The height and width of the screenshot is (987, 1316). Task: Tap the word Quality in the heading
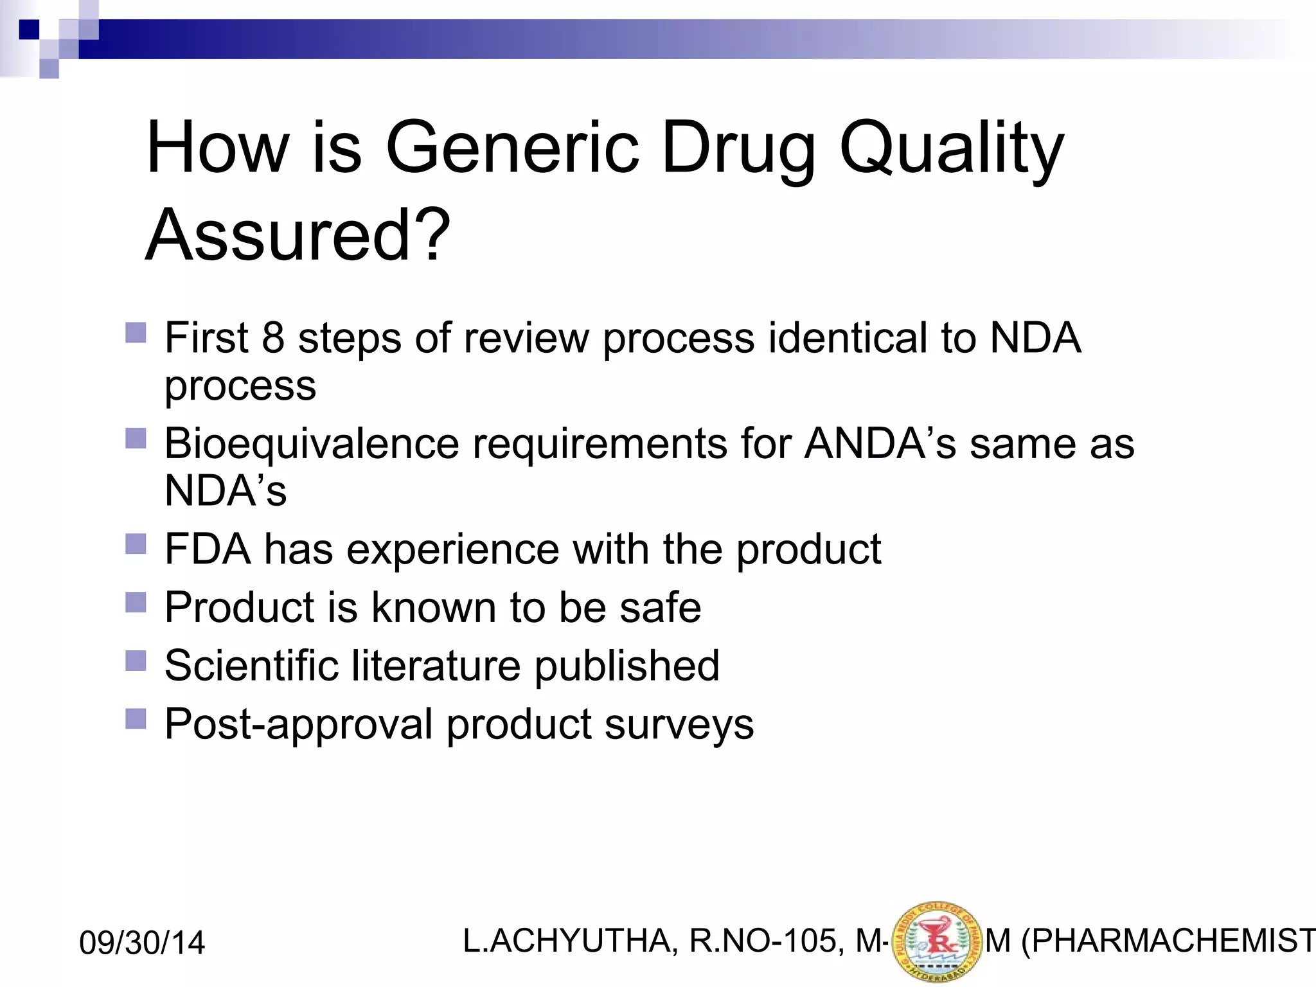pyautogui.click(x=952, y=149)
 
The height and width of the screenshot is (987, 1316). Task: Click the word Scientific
pyautogui.click(x=251, y=665)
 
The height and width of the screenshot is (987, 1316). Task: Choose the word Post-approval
pyautogui.click(x=299, y=724)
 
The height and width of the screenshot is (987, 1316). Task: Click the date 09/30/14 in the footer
pyautogui.click(x=142, y=943)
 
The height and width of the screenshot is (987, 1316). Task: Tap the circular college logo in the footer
pyautogui.click(x=937, y=942)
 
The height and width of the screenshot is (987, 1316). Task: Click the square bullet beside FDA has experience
pyautogui.click(x=136, y=544)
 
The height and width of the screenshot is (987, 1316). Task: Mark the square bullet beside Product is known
pyautogui.click(x=136, y=602)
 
